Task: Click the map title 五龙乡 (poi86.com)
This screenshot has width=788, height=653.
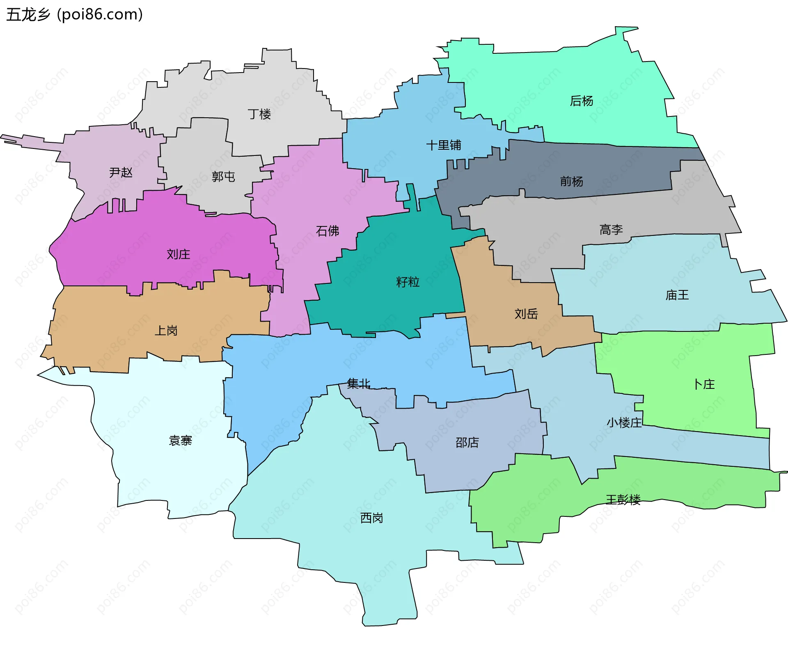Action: pyautogui.click(x=74, y=15)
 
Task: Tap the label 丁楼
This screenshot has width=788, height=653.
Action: pyautogui.click(x=259, y=114)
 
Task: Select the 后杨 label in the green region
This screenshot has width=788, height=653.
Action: pyautogui.click(x=582, y=101)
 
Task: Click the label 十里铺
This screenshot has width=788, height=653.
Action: pyautogui.click(x=444, y=145)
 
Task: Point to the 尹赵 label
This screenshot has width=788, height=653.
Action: pyautogui.click(x=121, y=172)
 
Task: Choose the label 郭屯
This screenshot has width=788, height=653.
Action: pyautogui.click(x=223, y=177)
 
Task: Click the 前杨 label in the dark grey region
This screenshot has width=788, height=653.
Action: pyautogui.click(x=572, y=181)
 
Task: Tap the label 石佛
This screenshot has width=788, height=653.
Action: pyautogui.click(x=328, y=231)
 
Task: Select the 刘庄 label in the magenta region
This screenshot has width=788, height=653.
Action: pyautogui.click(x=179, y=254)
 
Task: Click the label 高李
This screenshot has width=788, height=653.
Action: pyautogui.click(x=611, y=230)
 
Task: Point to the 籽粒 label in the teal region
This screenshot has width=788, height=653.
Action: pyautogui.click(x=408, y=282)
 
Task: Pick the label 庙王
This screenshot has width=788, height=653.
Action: pyautogui.click(x=677, y=295)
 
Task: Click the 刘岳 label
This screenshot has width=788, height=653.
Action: pyautogui.click(x=526, y=314)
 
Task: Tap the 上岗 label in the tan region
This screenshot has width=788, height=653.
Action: pyautogui.click(x=166, y=331)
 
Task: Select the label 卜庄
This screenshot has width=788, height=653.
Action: pyautogui.click(x=704, y=384)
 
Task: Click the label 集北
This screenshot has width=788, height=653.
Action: pyautogui.click(x=359, y=384)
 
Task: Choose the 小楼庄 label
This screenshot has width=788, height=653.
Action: pyautogui.click(x=624, y=422)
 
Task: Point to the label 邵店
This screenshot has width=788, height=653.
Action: pyautogui.click(x=467, y=443)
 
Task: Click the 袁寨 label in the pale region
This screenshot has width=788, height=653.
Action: pyautogui.click(x=181, y=441)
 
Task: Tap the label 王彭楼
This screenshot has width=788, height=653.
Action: pyautogui.click(x=623, y=500)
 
